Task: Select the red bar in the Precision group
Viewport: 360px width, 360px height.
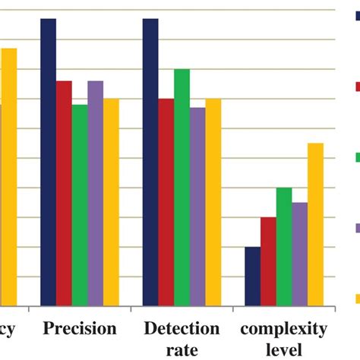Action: tap(65, 193)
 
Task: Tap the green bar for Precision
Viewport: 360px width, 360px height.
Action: tap(80, 205)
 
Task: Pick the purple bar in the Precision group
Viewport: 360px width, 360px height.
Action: tap(96, 193)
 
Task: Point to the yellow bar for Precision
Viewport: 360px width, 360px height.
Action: tap(111, 202)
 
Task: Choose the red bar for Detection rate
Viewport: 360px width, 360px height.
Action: tap(166, 202)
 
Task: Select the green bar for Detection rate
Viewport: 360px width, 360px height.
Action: tap(182, 187)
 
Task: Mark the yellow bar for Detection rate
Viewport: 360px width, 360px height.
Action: tap(213, 202)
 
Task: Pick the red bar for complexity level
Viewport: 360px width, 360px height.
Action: tap(268, 261)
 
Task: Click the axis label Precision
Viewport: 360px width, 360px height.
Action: tap(80, 329)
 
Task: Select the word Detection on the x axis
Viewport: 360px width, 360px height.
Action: tap(182, 329)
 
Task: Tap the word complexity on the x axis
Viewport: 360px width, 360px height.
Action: tap(285, 329)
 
